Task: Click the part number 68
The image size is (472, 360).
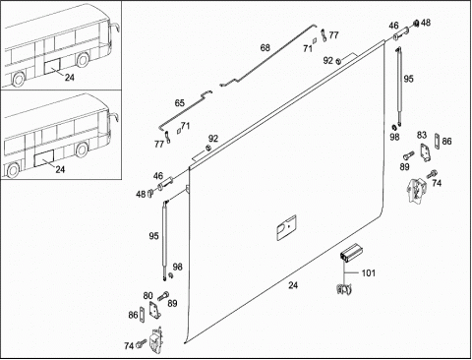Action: (265, 48)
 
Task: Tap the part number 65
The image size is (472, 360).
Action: (179, 103)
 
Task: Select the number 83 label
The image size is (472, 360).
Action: (422, 135)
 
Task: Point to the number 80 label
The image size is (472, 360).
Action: (147, 296)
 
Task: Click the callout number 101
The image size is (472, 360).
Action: (368, 273)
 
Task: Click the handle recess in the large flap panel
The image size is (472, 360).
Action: (286, 227)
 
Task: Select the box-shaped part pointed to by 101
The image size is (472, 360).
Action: (351, 253)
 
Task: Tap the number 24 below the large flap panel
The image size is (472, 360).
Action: (293, 285)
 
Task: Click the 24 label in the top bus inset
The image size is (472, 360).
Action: (70, 78)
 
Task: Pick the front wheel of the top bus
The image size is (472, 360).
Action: (82, 60)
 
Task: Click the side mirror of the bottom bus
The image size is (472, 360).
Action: (115, 117)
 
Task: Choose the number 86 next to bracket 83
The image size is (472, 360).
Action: (446, 142)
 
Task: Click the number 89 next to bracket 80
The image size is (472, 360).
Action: (172, 303)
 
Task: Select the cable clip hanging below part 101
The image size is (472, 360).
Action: (343, 289)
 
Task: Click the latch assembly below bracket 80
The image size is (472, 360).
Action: (155, 340)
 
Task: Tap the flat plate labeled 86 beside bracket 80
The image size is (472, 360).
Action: (142, 315)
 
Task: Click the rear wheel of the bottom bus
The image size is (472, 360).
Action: (13, 171)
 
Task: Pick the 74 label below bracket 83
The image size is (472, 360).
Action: (437, 183)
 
